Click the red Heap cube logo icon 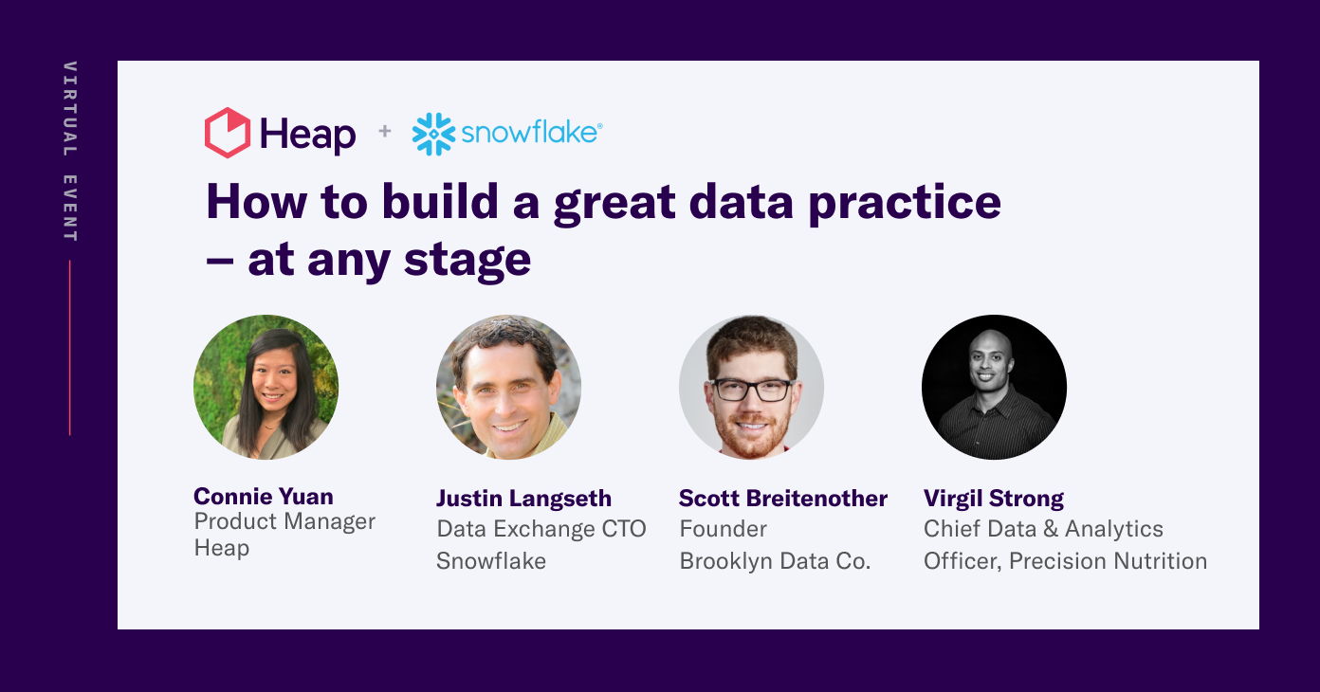pyautogui.click(x=228, y=132)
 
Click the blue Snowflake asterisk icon pyautogui.click(x=433, y=134)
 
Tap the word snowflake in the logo pyautogui.click(x=530, y=133)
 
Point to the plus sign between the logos pyautogui.click(x=384, y=131)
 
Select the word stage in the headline pyautogui.click(x=467, y=259)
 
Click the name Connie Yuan pyautogui.click(x=263, y=496)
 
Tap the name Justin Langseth pyautogui.click(x=523, y=498)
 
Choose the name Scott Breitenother pyautogui.click(x=782, y=498)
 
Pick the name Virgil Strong pyautogui.click(x=993, y=498)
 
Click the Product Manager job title pyautogui.click(x=284, y=521)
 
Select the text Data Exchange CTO pyautogui.click(x=541, y=529)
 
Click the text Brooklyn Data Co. pyautogui.click(x=775, y=561)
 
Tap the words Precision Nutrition pyautogui.click(x=1108, y=561)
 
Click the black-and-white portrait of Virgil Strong pyautogui.click(x=994, y=387)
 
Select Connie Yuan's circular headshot pyautogui.click(x=266, y=387)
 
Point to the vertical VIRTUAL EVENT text pyautogui.click(x=70, y=152)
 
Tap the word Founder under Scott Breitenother pyautogui.click(x=723, y=529)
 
